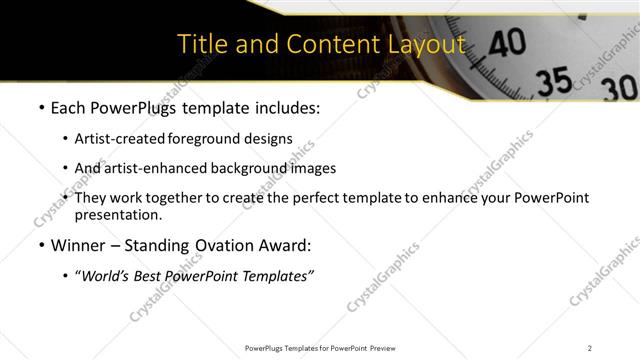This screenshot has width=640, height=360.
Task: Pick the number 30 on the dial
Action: coord(617,89)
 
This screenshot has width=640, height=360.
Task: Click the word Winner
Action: coord(76,244)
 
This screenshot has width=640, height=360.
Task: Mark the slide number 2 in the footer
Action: coord(590,347)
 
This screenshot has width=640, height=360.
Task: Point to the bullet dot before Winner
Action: coord(40,244)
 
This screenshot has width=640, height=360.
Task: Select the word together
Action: coord(178,198)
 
